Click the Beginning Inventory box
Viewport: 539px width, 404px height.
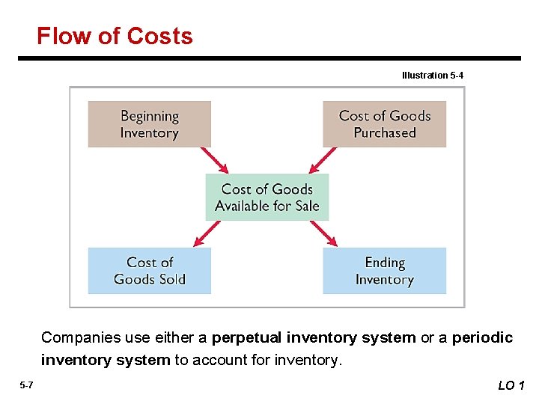(149, 124)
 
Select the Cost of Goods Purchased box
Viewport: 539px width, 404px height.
(384, 124)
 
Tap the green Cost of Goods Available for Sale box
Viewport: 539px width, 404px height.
(267, 198)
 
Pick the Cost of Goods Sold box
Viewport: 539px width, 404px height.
(149, 270)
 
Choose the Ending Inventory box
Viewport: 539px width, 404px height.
(384, 270)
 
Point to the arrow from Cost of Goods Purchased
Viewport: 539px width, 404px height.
(323, 160)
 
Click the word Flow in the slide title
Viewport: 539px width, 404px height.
(64, 36)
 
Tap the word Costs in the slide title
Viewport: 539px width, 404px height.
(159, 36)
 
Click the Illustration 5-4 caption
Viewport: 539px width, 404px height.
(433, 75)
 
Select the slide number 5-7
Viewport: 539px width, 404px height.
(26, 385)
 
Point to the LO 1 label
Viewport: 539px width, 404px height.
(511, 385)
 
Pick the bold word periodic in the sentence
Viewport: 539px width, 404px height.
(483, 338)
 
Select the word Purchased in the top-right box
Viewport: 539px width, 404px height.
(384, 133)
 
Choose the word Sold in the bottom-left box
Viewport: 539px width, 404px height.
(171, 279)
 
